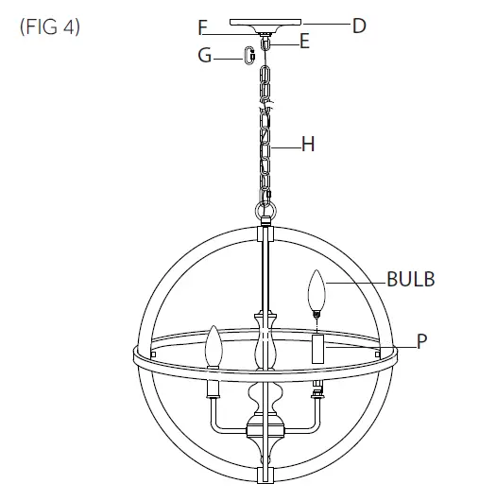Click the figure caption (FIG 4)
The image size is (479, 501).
pyautogui.click(x=49, y=26)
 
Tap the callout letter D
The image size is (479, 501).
pyautogui.click(x=358, y=26)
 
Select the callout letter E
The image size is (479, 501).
pyautogui.click(x=305, y=41)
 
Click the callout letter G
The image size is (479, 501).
pyautogui.click(x=204, y=56)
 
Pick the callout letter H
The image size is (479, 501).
pyautogui.click(x=307, y=145)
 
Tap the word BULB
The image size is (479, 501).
pyautogui.click(x=411, y=279)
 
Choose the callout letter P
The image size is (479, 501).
pyautogui.click(x=421, y=340)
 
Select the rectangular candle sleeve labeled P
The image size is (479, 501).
pyautogui.click(x=317, y=347)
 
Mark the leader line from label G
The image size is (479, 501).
pyautogui.click(x=228, y=58)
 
